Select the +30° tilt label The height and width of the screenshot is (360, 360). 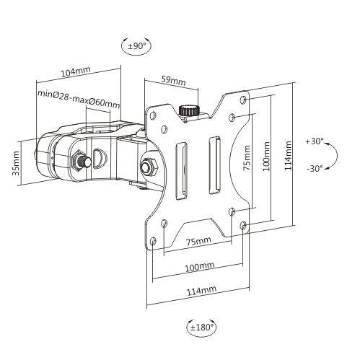pos(315,141)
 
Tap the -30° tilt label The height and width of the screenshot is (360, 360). pos(315,169)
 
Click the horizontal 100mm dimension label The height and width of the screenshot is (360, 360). pos(198,266)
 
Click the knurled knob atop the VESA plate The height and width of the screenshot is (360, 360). pos(189,111)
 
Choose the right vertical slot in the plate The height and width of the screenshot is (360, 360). pos(215,164)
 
